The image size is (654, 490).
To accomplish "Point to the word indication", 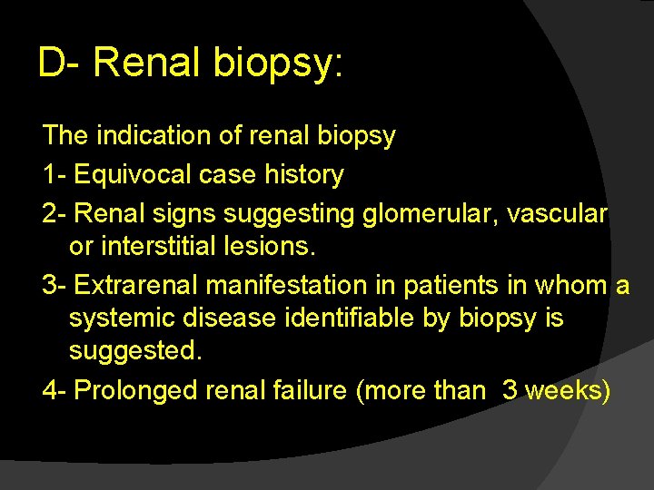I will point(147,136).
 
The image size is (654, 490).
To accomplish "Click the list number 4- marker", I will point(54,390).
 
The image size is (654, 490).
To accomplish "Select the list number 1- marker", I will point(54,174).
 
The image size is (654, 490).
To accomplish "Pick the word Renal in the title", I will point(149,64).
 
